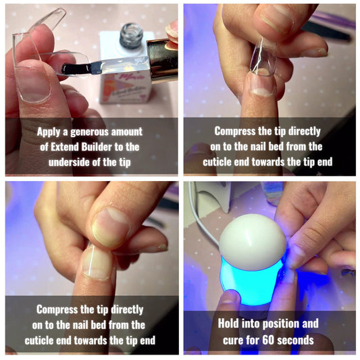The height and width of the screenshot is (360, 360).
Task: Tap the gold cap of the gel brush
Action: (162, 59)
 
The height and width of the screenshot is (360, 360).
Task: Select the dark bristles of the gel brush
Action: (75, 68)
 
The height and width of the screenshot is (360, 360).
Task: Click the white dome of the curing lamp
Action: (253, 242)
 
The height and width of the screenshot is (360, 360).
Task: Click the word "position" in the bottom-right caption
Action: (281, 324)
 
